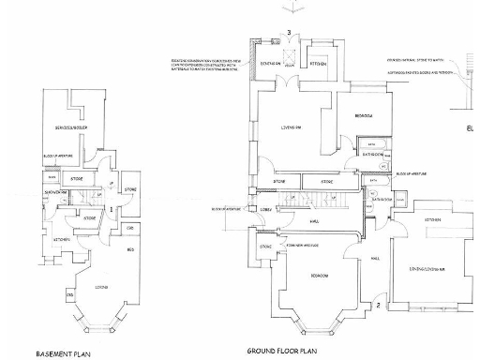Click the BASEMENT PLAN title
pyautogui.click(x=63, y=354)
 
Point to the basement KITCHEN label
pyautogui.click(x=60, y=239)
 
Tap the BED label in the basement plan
pyautogui.click(x=130, y=248)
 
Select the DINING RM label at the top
pyautogui.click(x=272, y=63)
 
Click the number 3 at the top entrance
pyautogui.click(x=290, y=34)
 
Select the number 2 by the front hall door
pyautogui.click(x=378, y=306)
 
